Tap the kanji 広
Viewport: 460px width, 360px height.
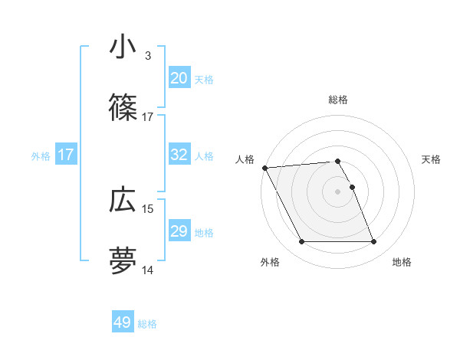(123, 200)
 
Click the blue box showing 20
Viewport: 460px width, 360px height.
(179, 78)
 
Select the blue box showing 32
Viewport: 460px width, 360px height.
(179, 155)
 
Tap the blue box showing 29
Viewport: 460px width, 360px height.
(179, 231)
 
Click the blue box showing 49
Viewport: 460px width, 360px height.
(123, 322)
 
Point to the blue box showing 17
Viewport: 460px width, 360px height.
(66, 155)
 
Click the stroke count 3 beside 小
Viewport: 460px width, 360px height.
(147, 56)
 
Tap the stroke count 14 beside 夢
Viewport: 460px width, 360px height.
(148, 270)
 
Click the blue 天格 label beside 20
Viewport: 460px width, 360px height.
(204, 79)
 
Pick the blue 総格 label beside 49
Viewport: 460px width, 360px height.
(147, 324)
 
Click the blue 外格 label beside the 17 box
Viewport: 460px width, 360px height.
(41, 155)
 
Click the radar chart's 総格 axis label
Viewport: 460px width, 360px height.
(338, 100)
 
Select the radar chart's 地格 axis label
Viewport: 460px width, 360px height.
(402, 262)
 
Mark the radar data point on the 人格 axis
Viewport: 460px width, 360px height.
(264, 168)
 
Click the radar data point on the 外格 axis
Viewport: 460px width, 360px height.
(301, 242)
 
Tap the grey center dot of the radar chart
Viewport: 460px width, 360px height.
(338, 191)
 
